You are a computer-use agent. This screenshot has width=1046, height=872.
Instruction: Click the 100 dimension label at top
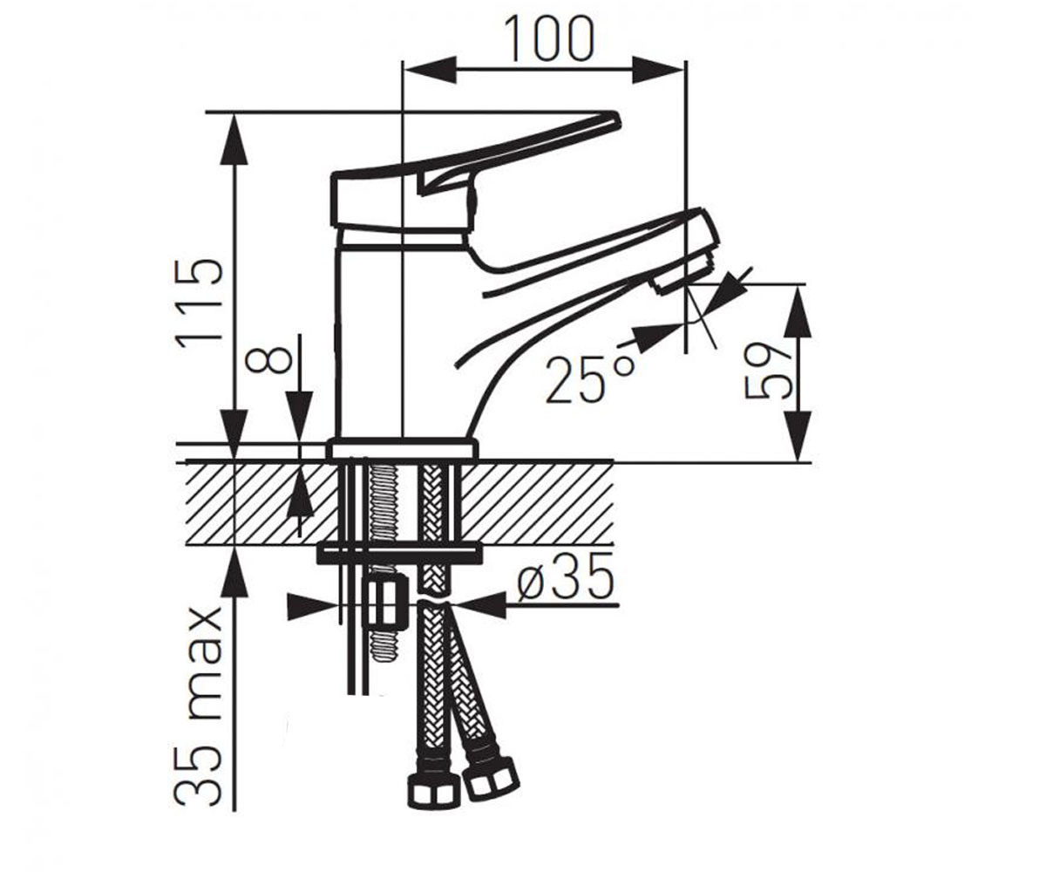(549, 38)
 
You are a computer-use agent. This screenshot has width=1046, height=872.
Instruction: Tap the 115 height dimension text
(199, 300)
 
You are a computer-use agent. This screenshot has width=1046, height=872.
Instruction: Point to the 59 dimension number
(769, 371)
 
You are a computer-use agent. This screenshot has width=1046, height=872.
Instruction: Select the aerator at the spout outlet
(683, 273)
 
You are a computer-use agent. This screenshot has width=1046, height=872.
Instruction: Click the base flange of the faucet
(403, 448)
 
